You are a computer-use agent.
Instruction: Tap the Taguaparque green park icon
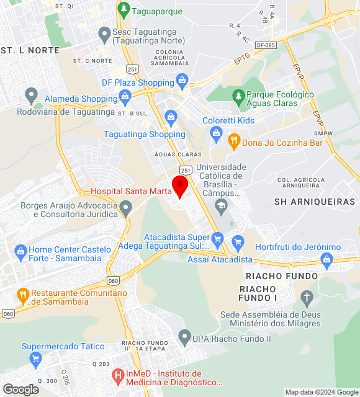[x=124, y=9]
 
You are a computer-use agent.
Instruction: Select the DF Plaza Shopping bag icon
[x=182, y=79]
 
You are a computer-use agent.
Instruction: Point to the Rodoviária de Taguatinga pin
[x=31, y=95]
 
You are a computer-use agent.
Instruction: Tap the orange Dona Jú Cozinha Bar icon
[x=233, y=140]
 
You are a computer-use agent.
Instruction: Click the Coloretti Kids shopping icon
[x=216, y=132]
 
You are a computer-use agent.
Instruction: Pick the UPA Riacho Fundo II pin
[x=184, y=337]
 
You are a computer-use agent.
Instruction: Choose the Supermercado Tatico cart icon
[x=35, y=358]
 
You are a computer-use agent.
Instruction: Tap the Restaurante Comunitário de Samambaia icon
[x=23, y=294]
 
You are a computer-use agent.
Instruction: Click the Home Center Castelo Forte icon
[x=20, y=251]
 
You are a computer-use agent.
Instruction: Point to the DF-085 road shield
[x=265, y=45]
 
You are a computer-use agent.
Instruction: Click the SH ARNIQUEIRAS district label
[x=315, y=202]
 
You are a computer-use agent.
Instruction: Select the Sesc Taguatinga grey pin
[x=104, y=32]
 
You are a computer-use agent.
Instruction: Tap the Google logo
[x=20, y=390]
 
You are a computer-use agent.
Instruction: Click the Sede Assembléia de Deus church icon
[x=305, y=297]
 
